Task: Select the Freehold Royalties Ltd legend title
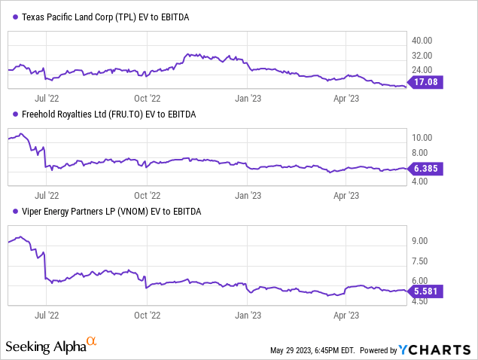click(x=105, y=114)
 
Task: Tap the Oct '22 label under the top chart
click(x=147, y=97)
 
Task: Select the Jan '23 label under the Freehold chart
click(x=248, y=194)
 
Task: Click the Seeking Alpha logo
click(x=51, y=346)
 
